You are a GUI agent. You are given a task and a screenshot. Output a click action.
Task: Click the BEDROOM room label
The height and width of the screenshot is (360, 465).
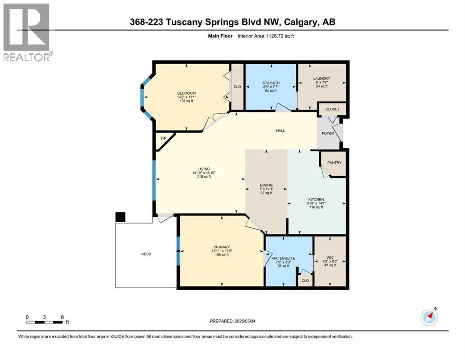coord(186,93)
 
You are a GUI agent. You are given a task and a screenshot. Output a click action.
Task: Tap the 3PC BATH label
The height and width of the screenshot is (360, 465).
coord(271,83)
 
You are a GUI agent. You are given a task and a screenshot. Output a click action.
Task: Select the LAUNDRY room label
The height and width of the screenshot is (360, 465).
coord(322,78)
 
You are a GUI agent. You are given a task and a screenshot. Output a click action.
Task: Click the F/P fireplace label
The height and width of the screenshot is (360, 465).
coord(163,139)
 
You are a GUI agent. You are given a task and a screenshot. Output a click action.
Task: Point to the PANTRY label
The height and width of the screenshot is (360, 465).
coord(334,163)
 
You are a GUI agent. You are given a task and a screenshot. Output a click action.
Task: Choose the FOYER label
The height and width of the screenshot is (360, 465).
coord(328,133)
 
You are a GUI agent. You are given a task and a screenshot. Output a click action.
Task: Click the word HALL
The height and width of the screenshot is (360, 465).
coord(280,131)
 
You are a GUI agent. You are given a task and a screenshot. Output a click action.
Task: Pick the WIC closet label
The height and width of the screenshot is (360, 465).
coord(330,257)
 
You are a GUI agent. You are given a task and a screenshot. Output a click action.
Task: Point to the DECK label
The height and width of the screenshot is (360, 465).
coord(146,254)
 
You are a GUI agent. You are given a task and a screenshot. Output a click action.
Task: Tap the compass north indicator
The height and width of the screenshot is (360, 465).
coord(429,317)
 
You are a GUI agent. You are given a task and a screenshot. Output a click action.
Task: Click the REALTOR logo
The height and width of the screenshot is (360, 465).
coord(27,32)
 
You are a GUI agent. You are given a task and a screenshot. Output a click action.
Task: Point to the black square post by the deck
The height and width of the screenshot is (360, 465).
coord(120,217)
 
